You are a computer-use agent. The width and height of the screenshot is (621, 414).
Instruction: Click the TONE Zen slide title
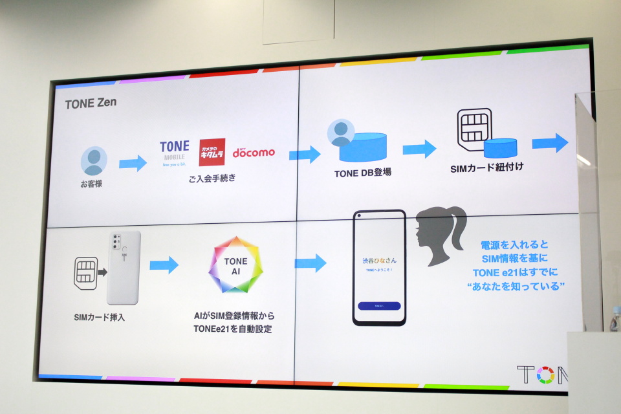tap(91, 103)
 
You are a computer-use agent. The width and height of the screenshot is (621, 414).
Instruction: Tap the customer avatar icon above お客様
tap(94, 160)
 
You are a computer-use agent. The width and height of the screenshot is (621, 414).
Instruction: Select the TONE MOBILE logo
tap(174, 153)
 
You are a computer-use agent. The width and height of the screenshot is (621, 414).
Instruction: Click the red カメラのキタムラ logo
tap(212, 152)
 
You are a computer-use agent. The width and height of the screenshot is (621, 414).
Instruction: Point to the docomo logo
tap(253, 152)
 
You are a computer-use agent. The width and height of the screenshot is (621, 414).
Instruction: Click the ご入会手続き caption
tap(212, 179)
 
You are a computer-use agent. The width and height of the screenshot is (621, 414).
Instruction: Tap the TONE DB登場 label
tap(362, 173)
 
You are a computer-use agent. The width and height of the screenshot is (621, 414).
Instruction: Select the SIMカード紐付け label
tap(486, 168)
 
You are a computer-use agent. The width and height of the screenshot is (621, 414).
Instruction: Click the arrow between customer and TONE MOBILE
tap(133, 163)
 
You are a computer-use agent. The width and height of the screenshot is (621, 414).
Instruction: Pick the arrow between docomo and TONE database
tap(305, 154)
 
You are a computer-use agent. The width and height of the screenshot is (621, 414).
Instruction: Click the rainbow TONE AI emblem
tap(235, 265)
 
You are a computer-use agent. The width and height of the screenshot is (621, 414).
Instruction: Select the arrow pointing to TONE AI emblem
tap(164, 265)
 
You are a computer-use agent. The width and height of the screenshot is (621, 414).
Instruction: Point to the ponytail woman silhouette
tap(441, 234)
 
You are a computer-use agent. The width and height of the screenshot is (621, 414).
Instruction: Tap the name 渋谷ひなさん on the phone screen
tap(380, 259)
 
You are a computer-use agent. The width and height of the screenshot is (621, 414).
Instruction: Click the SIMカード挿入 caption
tap(99, 317)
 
